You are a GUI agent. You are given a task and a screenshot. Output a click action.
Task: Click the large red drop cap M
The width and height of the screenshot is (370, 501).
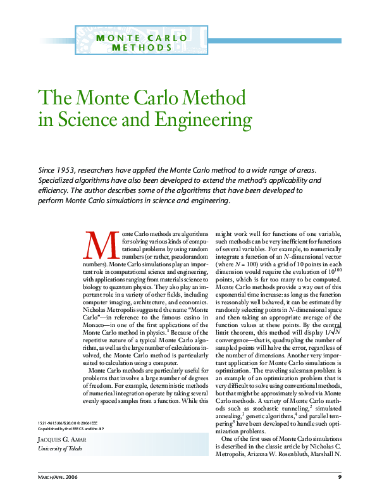point(100,245)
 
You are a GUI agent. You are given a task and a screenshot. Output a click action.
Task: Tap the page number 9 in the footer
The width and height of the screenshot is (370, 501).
point(340,476)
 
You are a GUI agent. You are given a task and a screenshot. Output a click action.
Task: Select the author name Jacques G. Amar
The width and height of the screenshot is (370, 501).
point(61,440)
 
